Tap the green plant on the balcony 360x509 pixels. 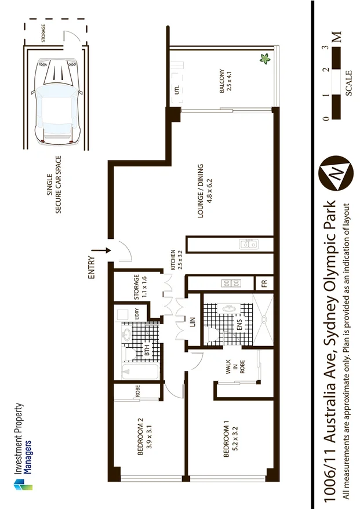(266, 59)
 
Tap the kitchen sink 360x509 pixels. (250, 245)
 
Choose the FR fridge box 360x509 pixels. (264, 284)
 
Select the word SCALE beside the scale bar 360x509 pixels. (348, 83)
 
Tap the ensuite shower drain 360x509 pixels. (264, 318)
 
